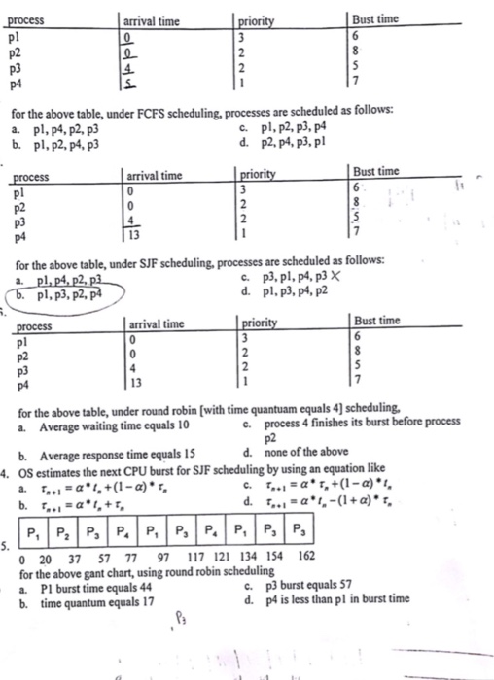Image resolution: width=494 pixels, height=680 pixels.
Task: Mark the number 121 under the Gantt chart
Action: coord(222,556)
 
